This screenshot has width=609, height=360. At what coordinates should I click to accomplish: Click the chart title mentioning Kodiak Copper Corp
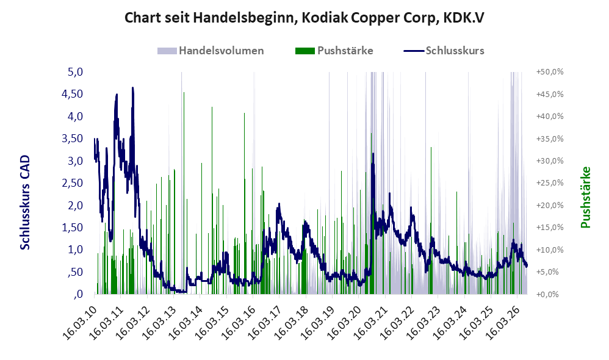coord(304,18)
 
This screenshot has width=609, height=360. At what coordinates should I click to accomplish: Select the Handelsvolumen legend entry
coord(211,51)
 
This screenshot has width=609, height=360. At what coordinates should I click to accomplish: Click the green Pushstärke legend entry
coord(334,51)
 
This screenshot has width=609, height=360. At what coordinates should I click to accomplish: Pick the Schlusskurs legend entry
coord(444,51)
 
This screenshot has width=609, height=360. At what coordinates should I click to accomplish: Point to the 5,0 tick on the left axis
coord(75,72)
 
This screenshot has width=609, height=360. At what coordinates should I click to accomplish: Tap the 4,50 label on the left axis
coord(72,94)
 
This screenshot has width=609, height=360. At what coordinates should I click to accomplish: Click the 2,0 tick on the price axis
coord(75,205)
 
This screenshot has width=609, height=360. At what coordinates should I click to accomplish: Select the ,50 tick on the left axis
coord(75,272)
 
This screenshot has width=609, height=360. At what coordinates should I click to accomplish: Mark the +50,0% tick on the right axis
coord(550,72)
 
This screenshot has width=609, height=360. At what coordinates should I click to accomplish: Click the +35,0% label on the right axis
coord(550,139)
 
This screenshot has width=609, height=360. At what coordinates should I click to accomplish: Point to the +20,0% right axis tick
coord(550,206)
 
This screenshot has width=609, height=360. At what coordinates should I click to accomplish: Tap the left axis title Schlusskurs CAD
coord(25,203)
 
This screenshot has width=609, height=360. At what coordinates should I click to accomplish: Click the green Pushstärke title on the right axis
coord(585,197)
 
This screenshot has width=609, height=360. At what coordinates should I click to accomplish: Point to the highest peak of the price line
coord(133,88)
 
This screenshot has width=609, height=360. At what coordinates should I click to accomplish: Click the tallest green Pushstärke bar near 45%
coord(184,193)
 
